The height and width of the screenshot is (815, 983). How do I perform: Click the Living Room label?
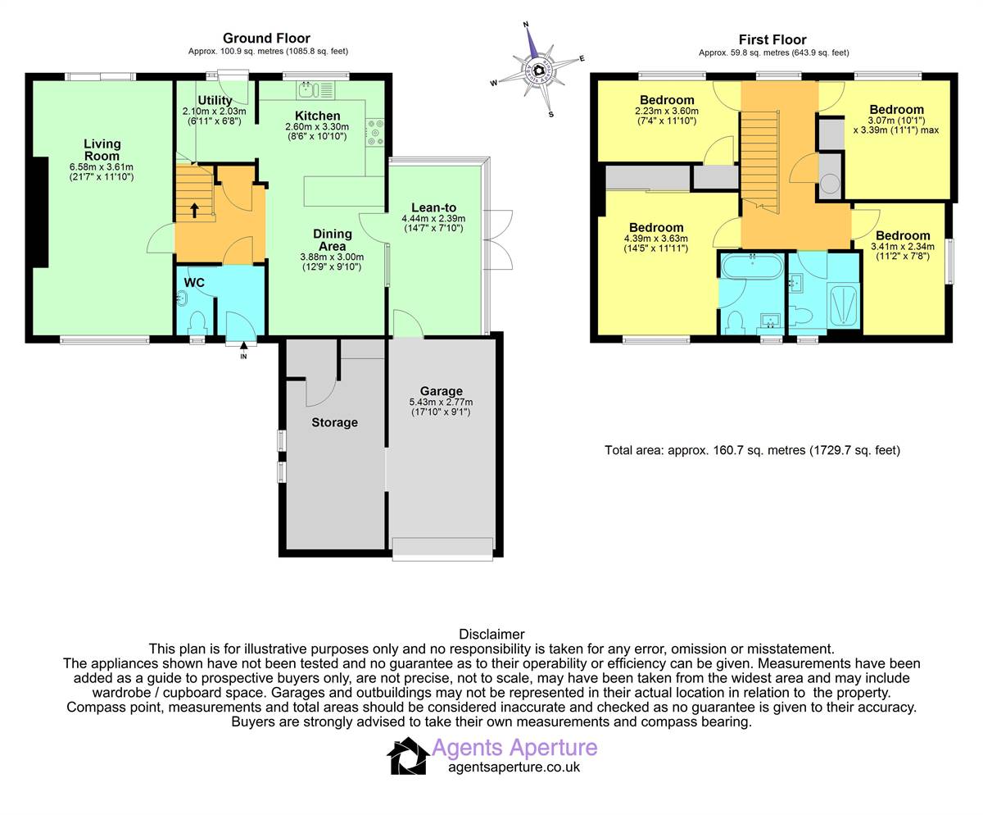point(102,150)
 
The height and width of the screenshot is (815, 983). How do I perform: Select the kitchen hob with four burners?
point(375,132)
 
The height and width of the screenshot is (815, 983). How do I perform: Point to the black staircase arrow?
point(194,210)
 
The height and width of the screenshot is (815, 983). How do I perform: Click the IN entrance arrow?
point(243,346)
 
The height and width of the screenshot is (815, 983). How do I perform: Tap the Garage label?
point(442,391)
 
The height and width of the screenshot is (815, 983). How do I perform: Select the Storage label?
point(334,422)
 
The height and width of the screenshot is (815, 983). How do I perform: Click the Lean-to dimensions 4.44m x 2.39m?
point(433,218)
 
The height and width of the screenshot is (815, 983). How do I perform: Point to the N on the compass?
point(526,25)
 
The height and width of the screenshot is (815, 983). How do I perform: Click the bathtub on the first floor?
point(752,266)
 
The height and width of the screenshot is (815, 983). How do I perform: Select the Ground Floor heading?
point(266,39)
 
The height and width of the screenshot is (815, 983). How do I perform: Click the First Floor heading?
point(772,39)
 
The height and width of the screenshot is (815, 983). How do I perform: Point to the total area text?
point(752,450)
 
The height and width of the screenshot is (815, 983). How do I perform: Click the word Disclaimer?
point(491,634)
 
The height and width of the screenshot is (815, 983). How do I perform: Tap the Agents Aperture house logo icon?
point(408,756)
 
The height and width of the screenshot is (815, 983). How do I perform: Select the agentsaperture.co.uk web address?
point(514,767)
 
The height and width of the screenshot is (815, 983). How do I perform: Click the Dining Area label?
point(333,240)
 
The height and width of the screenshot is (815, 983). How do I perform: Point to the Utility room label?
point(215,100)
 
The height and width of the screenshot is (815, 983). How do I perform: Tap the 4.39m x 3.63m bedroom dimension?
point(656,239)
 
